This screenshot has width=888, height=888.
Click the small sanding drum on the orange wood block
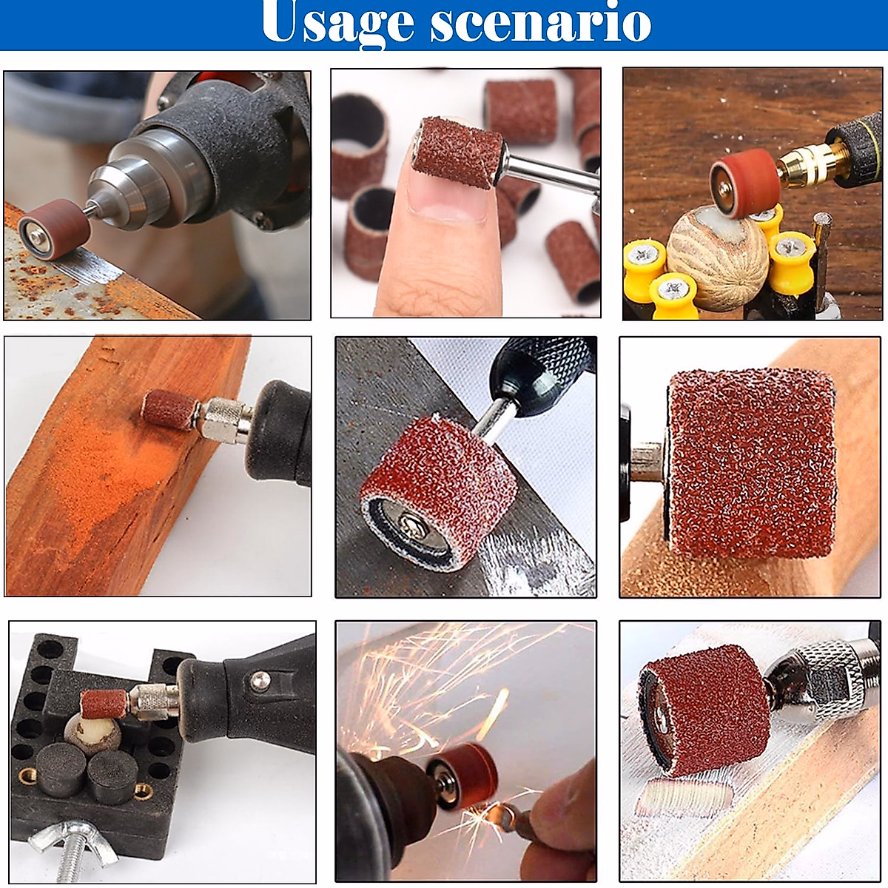coord(168,408)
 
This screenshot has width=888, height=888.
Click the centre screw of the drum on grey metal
coord(409,528)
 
